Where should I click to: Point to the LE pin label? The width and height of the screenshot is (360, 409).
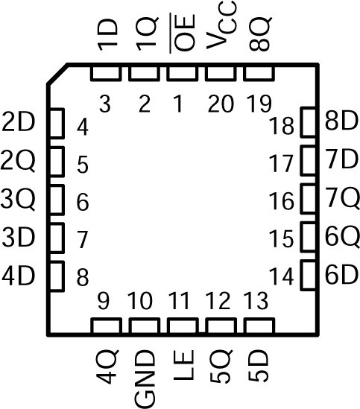(180, 370)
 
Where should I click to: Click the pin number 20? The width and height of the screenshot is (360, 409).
(219, 104)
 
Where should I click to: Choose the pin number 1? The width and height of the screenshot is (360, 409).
(177, 104)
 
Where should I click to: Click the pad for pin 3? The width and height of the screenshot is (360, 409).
(104, 73)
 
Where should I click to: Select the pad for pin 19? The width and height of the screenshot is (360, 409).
(257, 73)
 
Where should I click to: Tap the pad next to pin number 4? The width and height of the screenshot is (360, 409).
(57, 123)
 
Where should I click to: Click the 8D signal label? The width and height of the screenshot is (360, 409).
(342, 122)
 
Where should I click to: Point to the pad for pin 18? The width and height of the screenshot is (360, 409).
(308, 124)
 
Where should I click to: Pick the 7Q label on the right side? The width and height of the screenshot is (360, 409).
(342, 199)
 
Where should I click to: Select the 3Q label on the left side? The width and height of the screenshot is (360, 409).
(19, 200)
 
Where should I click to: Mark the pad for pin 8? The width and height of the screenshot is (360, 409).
(57, 275)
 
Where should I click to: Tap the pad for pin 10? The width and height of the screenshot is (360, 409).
(142, 326)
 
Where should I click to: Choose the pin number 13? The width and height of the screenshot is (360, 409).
(256, 303)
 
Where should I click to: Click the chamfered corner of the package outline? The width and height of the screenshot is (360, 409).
(58, 74)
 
